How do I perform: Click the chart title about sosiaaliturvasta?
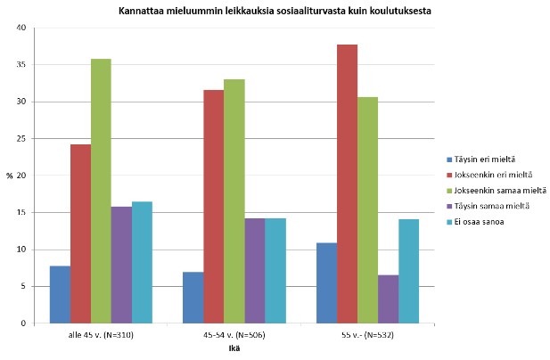tap(275, 11)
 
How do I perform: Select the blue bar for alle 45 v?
tap(60, 294)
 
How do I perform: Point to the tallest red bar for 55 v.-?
tap(347, 184)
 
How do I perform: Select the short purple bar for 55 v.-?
tap(388, 299)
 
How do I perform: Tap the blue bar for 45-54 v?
tap(193, 298)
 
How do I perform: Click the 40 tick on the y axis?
tap(21, 28)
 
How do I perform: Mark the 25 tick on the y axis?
tap(21, 138)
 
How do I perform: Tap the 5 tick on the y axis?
tap(23, 286)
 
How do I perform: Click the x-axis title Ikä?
tap(233, 348)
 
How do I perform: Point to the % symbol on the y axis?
tap(10, 176)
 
